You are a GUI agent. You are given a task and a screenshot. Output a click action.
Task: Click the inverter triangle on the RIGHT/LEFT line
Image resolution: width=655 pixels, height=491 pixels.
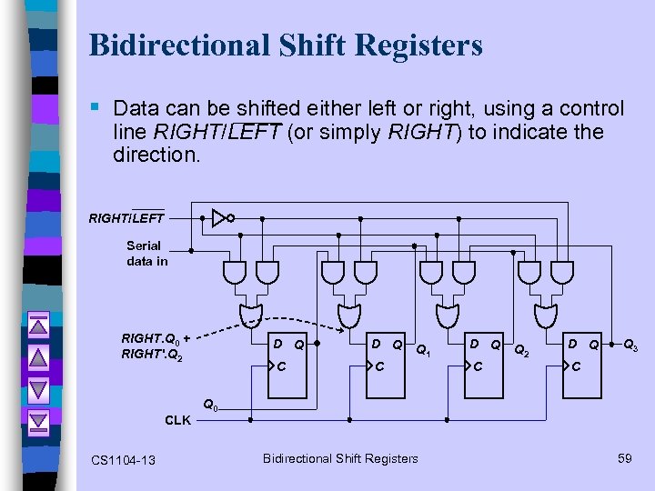pos(218,217)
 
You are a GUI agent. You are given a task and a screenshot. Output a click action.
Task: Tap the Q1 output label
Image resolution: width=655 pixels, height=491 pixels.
pos(423,349)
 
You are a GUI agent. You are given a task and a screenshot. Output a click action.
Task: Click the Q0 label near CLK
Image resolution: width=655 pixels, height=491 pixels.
pos(210,404)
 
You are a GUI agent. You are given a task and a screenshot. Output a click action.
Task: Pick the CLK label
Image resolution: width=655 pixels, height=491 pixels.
pos(177,420)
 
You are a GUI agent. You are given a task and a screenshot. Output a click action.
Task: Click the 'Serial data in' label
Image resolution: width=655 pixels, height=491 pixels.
pos(146,253)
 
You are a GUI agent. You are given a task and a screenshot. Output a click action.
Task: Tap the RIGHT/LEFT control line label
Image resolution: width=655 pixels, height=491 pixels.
pos(126,217)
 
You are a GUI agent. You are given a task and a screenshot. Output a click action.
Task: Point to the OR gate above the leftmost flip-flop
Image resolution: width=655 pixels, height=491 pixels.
pos(248,315)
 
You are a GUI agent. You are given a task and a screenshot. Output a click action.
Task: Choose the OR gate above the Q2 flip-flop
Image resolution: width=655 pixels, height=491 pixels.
pos(446,315)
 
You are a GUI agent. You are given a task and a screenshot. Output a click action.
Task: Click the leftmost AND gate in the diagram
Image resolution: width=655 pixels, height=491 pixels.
pos(233,271)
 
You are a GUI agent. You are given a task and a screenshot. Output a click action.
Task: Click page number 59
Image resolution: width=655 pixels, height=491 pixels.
pos(624,458)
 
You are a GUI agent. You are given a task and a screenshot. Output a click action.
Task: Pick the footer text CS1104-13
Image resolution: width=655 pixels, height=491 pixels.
pos(124,460)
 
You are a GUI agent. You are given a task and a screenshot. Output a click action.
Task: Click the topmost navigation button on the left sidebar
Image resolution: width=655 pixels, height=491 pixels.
pos(38,326)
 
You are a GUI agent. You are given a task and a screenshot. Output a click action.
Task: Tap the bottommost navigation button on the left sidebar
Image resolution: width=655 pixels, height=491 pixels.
pos(38,422)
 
